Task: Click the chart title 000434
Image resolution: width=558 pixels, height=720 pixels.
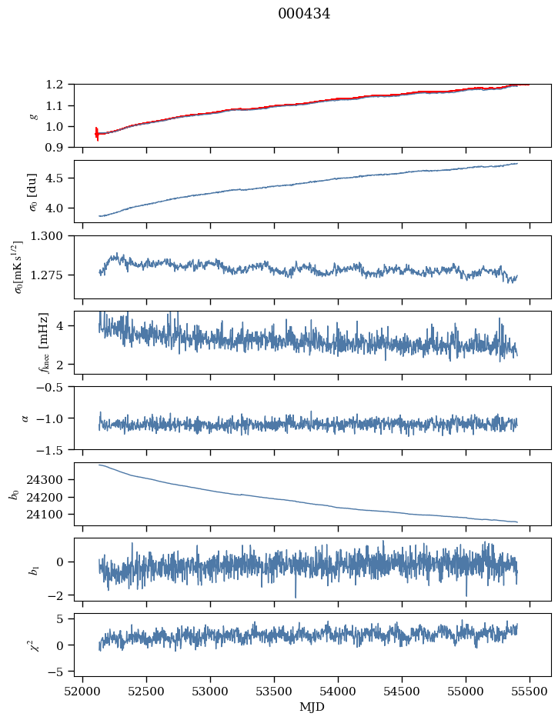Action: [304, 14]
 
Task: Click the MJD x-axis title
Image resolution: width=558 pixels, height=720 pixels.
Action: [312, 707]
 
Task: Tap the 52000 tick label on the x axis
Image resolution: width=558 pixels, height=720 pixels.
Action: [83, 692]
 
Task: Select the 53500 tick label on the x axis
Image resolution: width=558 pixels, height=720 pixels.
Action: [275, 692]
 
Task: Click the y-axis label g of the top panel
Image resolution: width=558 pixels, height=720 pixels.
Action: [33, 115]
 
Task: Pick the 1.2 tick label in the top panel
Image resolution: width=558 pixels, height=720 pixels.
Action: [59, 85]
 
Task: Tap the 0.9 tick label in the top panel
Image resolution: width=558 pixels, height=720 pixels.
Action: [59, 148]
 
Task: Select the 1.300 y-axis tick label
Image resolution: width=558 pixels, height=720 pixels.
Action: [52, 236]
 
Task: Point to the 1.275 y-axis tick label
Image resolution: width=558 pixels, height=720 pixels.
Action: [52, 275]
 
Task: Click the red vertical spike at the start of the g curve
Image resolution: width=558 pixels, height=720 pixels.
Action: [97, 134]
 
